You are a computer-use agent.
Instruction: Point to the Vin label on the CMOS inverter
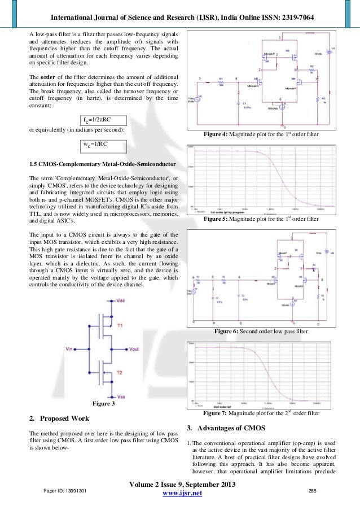[x=71, y=348]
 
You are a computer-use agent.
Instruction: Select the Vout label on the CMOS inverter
[x=133, y=350]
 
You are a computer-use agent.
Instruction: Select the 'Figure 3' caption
[x=103, y=404]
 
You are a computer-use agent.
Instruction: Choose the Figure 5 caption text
[x=264, y=219]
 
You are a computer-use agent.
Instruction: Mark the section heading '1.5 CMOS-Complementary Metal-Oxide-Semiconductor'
[x=102, y=164]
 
